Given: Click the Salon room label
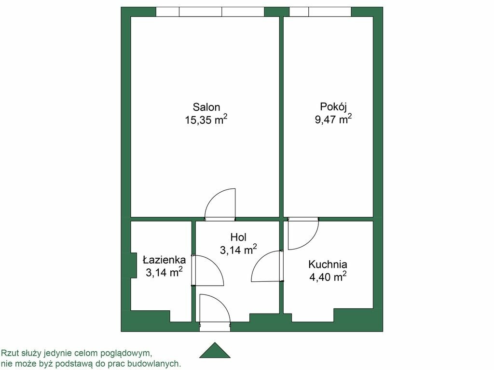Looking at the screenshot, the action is pos(206,107).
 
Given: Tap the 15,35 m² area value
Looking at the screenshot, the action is pos(206,120).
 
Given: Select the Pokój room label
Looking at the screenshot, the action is pos(333,107).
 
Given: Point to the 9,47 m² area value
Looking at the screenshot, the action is pos(333,119).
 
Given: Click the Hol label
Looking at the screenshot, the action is pos(238,237).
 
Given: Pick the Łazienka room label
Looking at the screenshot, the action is pos(164,260).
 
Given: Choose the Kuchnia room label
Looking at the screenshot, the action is pos(328,264).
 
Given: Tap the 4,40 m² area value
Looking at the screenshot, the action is pos(328,277).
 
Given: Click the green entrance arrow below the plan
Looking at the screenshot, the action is pos(215,350).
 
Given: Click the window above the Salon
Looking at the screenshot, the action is pos(210,12).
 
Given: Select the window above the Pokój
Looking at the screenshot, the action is pos(320,12).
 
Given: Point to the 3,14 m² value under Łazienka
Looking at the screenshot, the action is pos(164,272).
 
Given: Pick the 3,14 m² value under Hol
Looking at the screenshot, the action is pos(238,250).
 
